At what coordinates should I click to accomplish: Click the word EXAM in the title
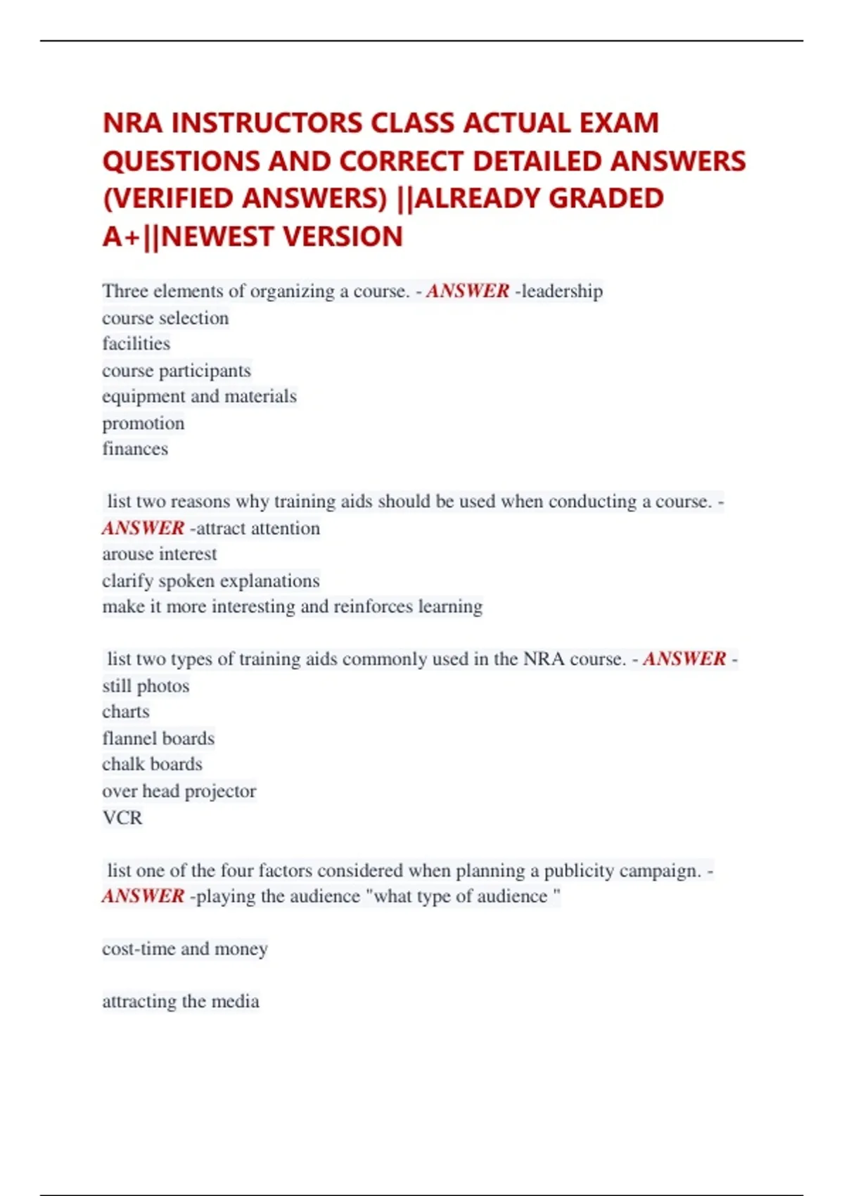click(x=618, y=123)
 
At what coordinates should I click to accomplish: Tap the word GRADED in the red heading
click(x=606, y=198)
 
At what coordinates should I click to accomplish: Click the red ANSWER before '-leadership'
click(x=467, y=291)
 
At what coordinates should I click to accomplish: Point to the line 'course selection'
click(x=165, y=318)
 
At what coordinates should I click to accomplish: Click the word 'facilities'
click(x=136, y=343)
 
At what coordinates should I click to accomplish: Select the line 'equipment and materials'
click(x=199, y=396)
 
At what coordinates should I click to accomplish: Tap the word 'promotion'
click(x=143, y=423)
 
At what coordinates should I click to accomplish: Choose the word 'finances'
click(x=135, y=449)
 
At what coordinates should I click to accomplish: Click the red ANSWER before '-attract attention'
click(x=143, y=528)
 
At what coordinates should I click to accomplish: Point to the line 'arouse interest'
click(x=160, y=554)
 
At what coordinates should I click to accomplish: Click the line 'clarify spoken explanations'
click(x=211, y=580)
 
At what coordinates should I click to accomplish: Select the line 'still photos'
click(x=146, y=686)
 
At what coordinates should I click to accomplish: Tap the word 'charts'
click(x=126, y=711)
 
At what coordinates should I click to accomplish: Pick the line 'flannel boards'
click(x=158, y=738)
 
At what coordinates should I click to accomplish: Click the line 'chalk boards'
click(x=152, y=764)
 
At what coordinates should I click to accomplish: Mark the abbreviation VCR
click(x=122, y=818)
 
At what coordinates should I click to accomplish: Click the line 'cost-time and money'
click(x=185, y=948)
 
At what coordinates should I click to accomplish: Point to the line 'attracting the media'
click(x=181, y=1001)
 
